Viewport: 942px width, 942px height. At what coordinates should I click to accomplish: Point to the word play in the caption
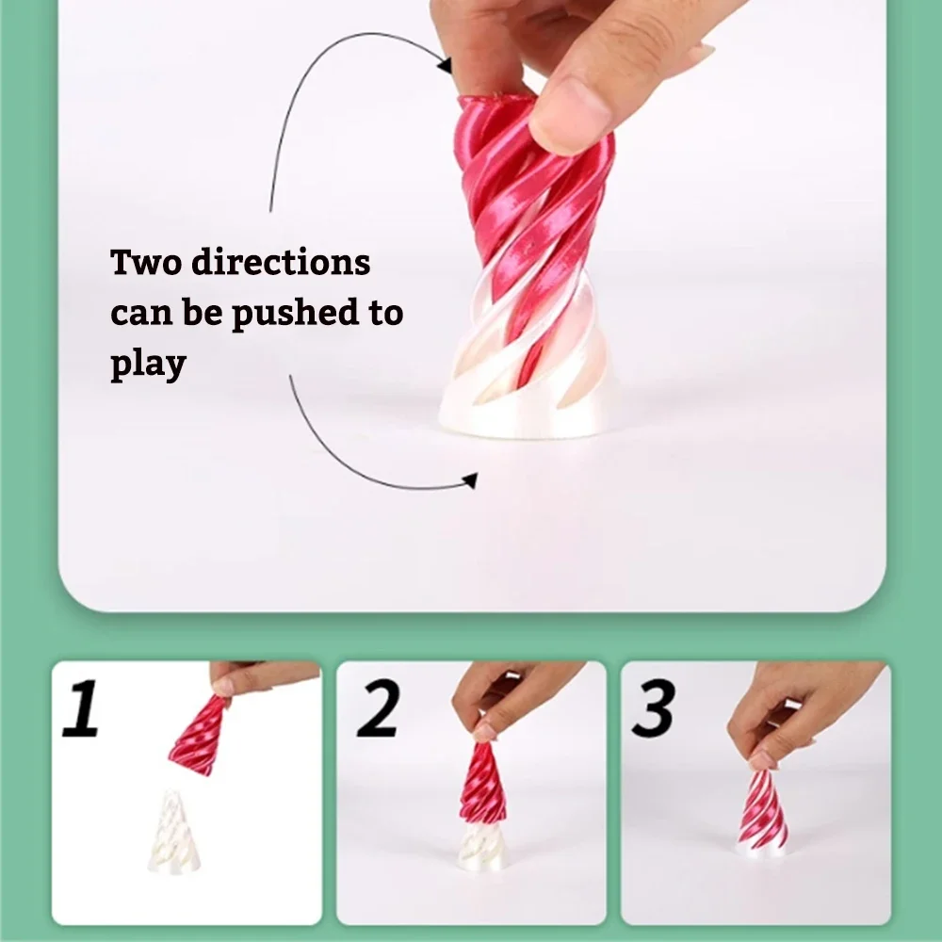point(147,364)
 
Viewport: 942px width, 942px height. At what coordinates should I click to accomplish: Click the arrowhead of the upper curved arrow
point(444,65)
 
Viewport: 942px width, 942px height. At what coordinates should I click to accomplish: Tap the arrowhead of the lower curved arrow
point(469,482)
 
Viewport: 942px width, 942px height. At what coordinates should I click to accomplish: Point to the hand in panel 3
point(801,706)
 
